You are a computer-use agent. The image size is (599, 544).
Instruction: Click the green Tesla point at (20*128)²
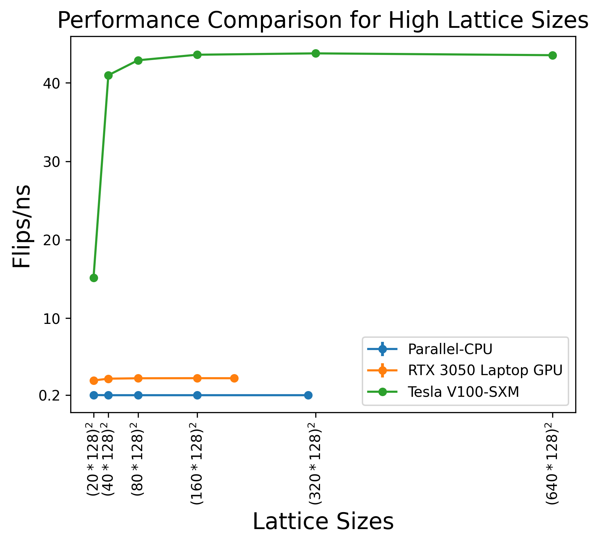tap(94, 278)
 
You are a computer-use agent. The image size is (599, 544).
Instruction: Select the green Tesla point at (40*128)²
tap(108, 75)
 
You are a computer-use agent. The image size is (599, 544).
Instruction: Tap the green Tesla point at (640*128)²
tap(553, 55)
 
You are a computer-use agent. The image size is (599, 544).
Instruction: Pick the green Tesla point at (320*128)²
tap(316, 53)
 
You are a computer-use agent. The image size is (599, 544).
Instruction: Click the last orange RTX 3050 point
tap(234, 378)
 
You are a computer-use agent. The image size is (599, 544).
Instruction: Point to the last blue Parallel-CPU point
tap(308, 395)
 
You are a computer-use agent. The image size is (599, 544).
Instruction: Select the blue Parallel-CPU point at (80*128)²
tap(138, 395)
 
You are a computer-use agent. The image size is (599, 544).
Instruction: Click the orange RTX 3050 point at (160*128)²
tap(197, 378)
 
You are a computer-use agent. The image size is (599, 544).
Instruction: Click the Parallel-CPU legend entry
tap(450, 349)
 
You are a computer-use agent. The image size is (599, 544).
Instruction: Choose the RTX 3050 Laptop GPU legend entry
tap(485, 370)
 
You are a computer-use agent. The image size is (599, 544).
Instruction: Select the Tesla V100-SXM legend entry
tap(463, 392)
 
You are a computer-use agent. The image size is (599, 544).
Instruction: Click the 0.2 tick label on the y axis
tap(49, 395)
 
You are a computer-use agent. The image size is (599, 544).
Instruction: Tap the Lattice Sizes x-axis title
tap(323, 522)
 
